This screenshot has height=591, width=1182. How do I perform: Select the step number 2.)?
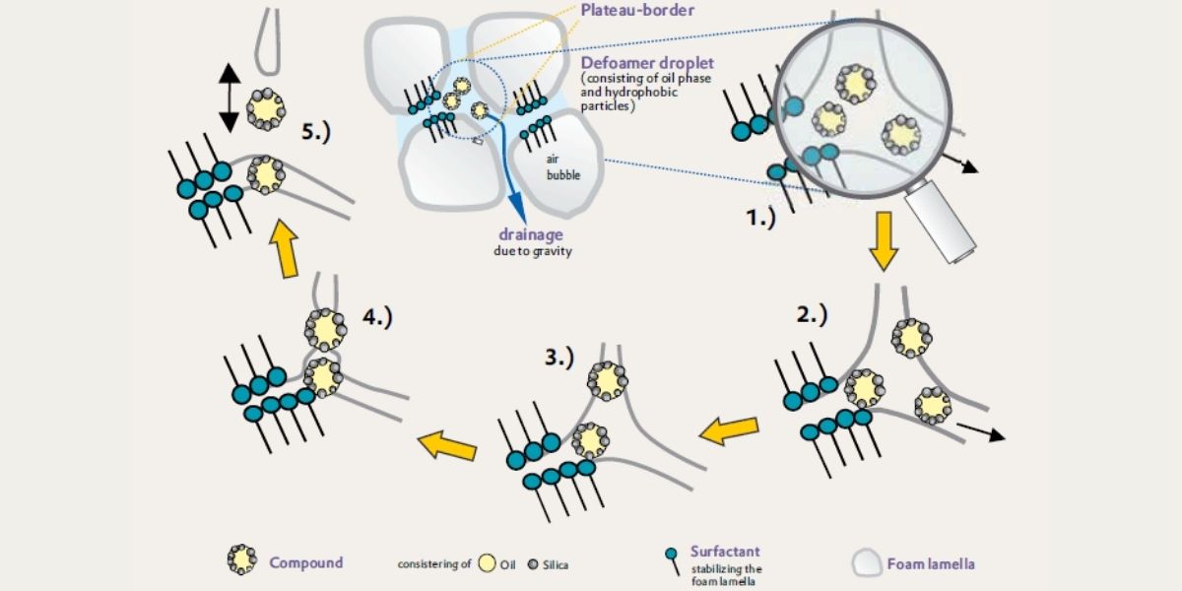tap(813, 315)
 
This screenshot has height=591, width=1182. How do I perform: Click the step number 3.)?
tap(558, 357)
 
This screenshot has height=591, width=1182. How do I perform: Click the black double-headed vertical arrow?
tap(229, 98)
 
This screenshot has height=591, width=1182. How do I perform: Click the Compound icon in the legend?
tap(241, 559)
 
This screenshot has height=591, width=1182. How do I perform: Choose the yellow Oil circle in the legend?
tap(487, 563)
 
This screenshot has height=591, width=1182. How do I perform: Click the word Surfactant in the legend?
tap(725, 553)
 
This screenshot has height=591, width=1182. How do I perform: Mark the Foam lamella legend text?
tap(931, 564)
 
